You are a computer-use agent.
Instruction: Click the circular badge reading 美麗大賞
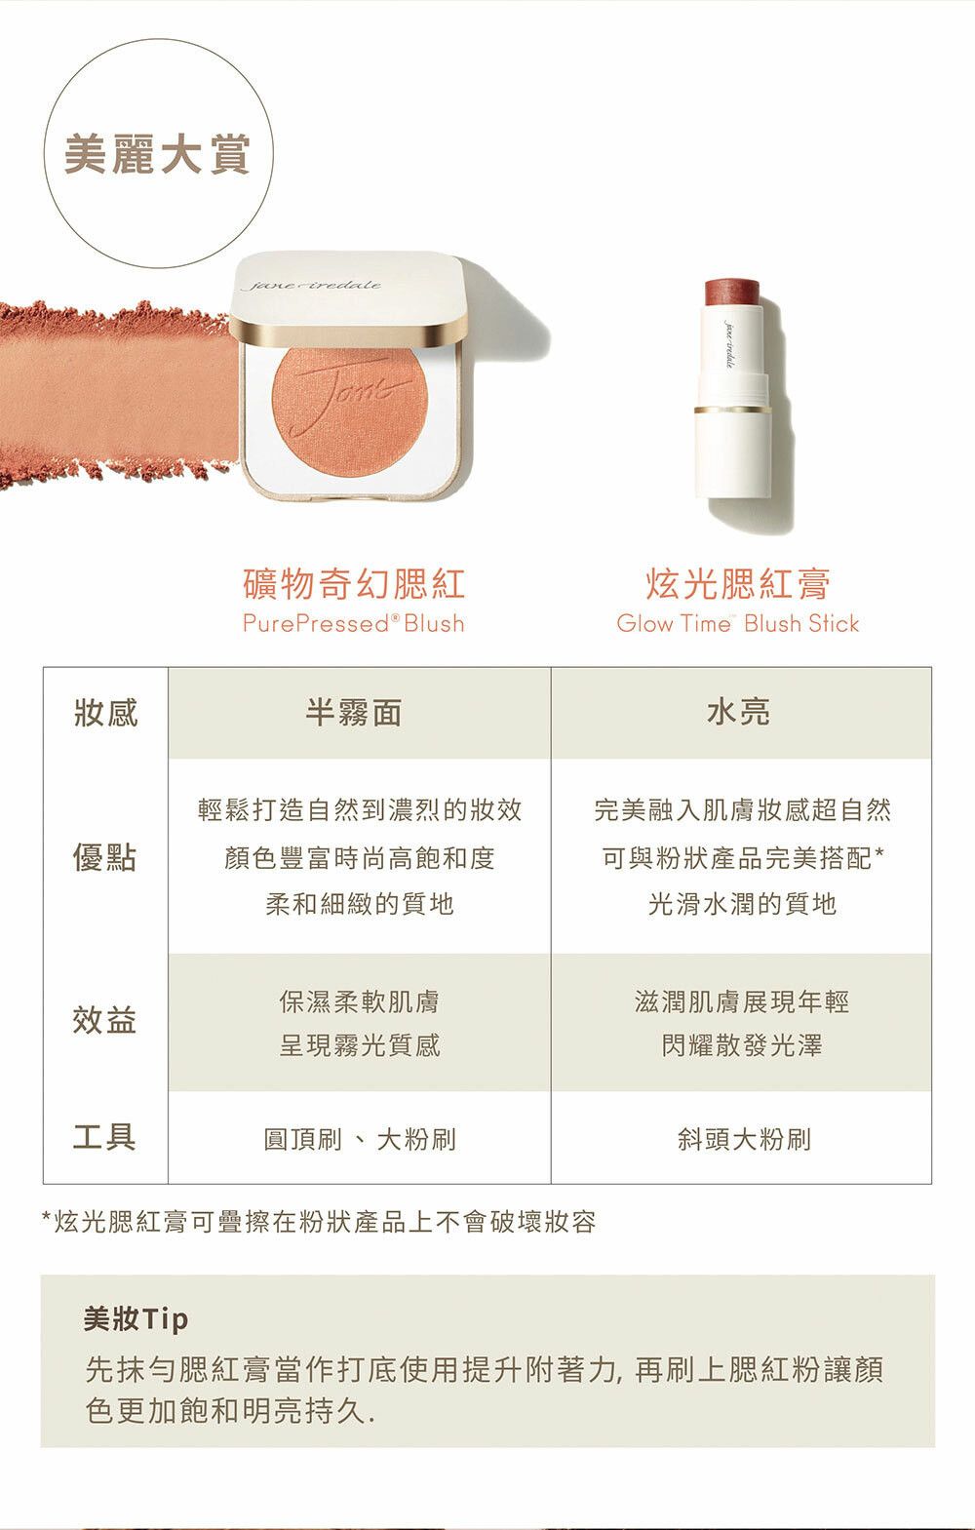[158, 153]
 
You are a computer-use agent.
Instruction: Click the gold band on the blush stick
[732, 410]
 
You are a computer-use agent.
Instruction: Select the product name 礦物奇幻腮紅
[354, 584]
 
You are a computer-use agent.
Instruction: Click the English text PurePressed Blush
[354, 624]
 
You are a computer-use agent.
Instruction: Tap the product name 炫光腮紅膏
[738, 584]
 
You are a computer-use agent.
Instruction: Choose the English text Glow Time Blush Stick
[738, 624]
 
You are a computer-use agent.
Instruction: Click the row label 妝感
[106, 713]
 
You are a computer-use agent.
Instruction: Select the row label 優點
[104, 857]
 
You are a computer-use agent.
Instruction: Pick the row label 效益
[104, 1021]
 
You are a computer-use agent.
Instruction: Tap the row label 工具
[104, 1137]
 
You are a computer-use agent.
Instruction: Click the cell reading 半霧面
[354, 713]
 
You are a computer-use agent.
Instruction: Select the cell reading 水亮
[739, 713]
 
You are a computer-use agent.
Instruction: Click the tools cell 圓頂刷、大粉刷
[360, 1139]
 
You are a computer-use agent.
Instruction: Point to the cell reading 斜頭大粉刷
[744, 1139]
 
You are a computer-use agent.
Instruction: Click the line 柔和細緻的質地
[360, 904]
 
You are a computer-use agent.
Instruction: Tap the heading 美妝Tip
[136, 1319]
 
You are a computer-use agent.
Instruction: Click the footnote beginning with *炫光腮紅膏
[319, 1222]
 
